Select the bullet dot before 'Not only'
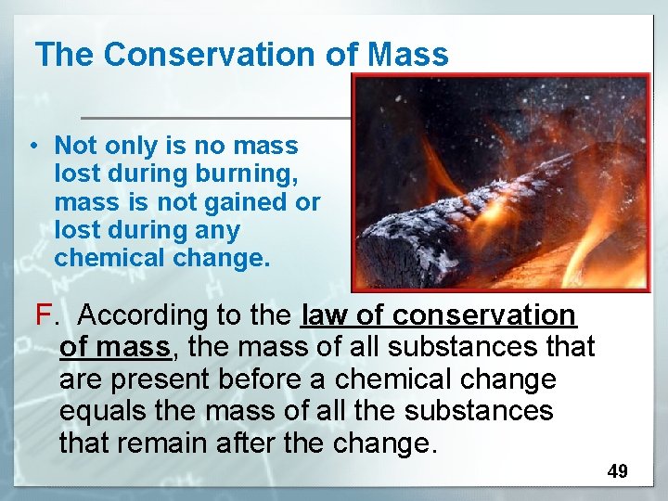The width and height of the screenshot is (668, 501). click(x=32, y=146)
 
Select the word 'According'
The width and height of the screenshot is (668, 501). click(x=144, y=315)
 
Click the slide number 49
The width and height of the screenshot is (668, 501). click(x=617, y=471)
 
